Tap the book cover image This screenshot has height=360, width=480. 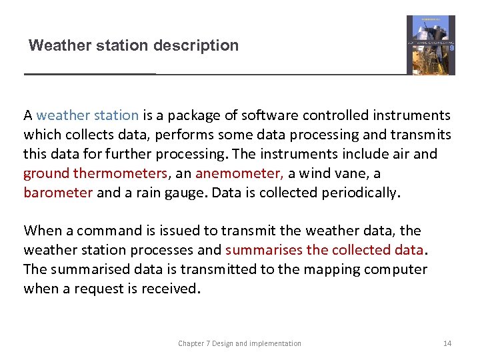[431, 45]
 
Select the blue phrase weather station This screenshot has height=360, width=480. [87, 115]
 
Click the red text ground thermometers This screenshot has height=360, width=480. [95, 173]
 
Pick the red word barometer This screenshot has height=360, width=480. [58, 193]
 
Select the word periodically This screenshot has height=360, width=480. [360, 193]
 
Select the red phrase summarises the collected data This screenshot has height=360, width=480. [324, 250]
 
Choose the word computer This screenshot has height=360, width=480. [397, 269]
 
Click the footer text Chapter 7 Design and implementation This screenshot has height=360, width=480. [239, 343]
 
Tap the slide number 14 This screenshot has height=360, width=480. [447, 343]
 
